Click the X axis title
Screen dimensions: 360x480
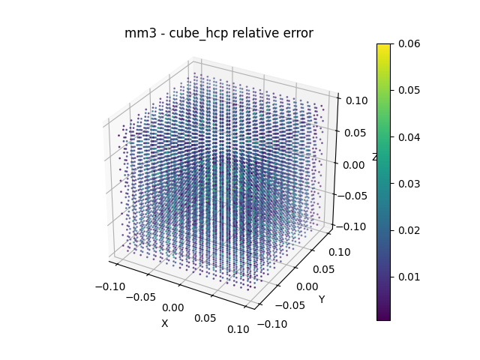pos(165,323)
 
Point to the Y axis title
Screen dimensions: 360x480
pos(322,300)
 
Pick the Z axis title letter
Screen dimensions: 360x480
pos(375,157)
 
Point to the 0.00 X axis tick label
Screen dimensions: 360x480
pos(172,307)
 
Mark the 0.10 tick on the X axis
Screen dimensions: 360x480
pos(238,329)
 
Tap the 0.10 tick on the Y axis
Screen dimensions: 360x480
pos(340,252)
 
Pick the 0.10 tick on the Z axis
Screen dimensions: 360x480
pos(355,98)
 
